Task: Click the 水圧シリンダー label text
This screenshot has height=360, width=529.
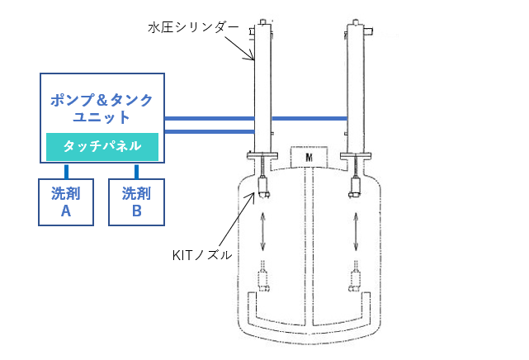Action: point(193,28)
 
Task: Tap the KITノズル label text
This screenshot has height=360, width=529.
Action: point(202,255)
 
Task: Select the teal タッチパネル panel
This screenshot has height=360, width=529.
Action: point(102,147)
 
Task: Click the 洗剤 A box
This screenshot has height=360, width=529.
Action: point(66,202)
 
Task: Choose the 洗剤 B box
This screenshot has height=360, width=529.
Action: point(137,202)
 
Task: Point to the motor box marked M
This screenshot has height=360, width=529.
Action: point(309,157)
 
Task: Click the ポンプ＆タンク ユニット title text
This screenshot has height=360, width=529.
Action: point(102,108)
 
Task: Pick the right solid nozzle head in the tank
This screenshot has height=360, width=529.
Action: point(355,187)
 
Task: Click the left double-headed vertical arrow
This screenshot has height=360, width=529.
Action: point(262,231)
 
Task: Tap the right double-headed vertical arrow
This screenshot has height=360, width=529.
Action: point(356,231)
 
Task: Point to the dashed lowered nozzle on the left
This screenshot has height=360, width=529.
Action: point(263,277)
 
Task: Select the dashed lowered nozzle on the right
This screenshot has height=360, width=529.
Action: point(355,277)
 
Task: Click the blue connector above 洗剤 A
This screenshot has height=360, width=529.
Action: point(67,171)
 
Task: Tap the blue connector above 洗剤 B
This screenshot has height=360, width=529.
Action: point(136,171)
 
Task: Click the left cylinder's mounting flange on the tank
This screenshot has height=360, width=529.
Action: point(262,155)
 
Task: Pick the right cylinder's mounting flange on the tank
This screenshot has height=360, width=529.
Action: point(356,156)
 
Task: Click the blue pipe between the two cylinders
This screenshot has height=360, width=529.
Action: point(309,118)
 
